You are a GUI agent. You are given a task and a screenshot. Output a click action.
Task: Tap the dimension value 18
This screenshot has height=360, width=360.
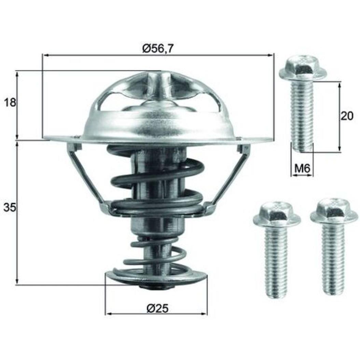10,102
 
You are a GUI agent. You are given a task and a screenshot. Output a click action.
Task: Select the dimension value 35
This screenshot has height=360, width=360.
10,208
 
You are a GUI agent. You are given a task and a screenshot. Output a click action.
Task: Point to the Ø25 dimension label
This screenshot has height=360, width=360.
157,308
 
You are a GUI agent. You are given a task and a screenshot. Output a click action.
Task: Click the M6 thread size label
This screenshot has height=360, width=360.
302,169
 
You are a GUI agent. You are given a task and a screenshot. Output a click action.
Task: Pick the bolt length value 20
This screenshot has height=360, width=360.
347,116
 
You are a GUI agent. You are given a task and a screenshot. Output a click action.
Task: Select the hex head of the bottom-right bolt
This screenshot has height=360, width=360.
334,213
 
